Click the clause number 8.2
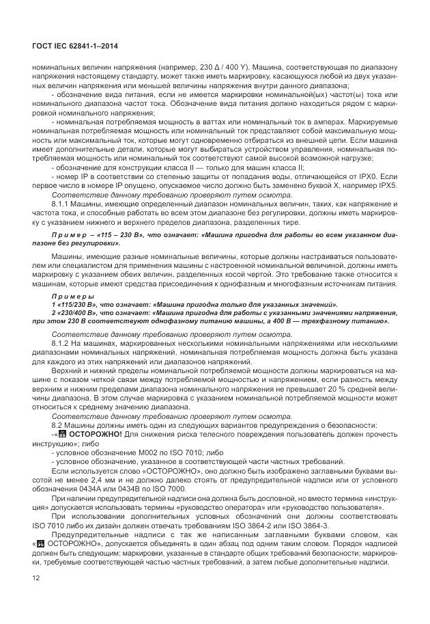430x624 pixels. pyautogui.click(x=57, y=424)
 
